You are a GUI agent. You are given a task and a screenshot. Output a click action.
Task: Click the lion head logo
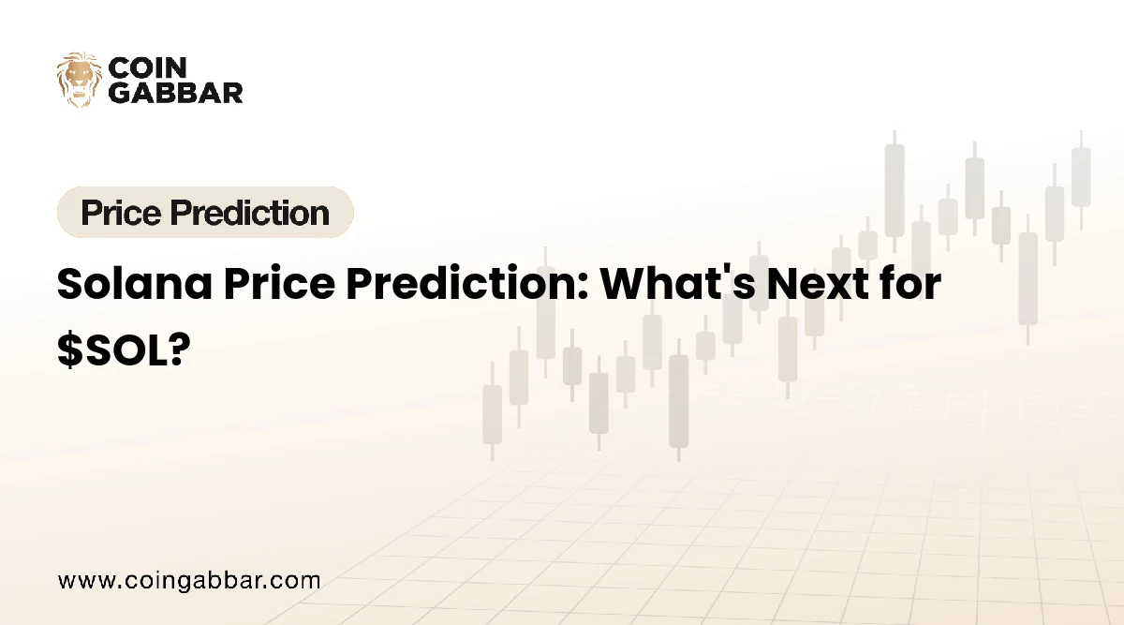click(x=79, y=80)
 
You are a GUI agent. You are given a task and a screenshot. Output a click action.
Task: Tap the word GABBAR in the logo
click(x=176, y=92)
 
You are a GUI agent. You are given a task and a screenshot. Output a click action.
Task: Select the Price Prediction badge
click(x=205, y=213)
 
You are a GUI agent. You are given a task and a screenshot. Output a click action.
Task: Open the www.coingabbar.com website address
click(x=189, y=580)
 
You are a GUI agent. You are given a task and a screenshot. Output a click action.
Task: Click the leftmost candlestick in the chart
click(x=492, y=412)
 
